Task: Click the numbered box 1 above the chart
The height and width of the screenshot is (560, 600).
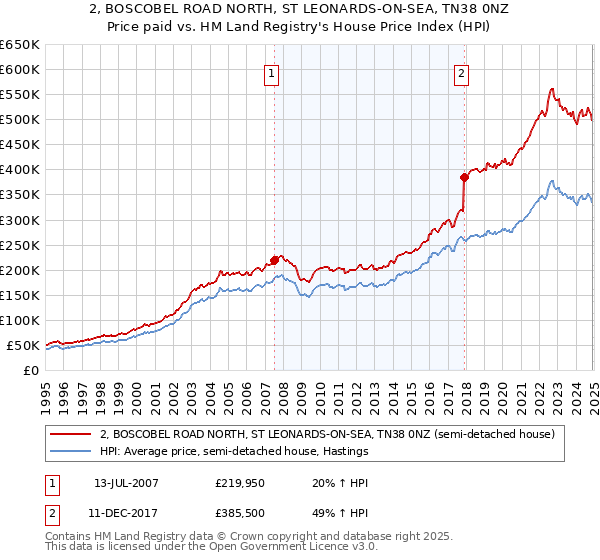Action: point(272,73)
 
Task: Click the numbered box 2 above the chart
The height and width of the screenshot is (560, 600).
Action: point(462,73)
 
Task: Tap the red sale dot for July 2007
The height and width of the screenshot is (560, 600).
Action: point(275,260)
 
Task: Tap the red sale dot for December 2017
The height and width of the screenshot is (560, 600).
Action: point(465,177)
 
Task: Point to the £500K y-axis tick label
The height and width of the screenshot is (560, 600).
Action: point(20,120)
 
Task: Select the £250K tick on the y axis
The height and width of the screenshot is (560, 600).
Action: point(20,245)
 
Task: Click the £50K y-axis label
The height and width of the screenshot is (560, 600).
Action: point(24,345)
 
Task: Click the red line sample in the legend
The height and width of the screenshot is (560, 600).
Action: point(72,434)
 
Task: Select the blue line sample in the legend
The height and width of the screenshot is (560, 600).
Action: point(72,451)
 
